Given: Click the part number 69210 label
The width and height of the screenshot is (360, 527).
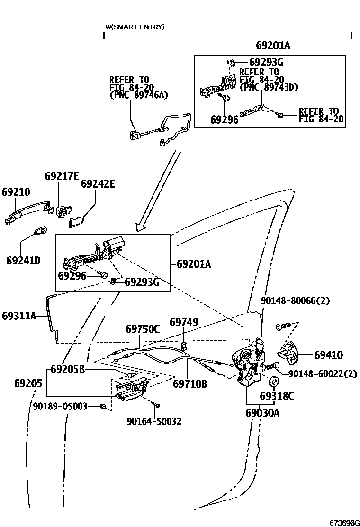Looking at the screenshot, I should coord(16,192).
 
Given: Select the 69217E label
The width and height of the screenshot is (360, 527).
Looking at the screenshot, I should coord(62,176).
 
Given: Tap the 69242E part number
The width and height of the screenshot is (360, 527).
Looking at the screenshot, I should coord(98,183).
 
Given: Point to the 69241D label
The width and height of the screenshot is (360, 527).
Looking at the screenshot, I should coord(23,260).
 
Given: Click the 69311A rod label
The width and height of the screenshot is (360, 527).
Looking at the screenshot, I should coord(19,315).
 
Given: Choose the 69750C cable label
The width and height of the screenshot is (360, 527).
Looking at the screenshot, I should coord(143,328).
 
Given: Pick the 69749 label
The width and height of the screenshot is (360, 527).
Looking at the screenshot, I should coord(184,322).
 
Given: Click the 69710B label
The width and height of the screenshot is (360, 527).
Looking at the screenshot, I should coord(189,383).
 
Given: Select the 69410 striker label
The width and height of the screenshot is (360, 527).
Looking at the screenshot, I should coord(328,355).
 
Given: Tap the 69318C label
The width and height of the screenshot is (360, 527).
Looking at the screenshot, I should coord(277,396).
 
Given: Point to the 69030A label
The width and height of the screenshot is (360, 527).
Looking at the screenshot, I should coord(262,413).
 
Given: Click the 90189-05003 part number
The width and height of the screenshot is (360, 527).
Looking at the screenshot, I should coord(60,406).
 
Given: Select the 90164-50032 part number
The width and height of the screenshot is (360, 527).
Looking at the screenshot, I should coord(154,421).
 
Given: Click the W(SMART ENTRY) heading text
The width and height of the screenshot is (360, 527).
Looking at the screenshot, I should coord(135,27).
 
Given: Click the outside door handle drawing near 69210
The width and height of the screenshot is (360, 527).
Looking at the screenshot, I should coord(26,211).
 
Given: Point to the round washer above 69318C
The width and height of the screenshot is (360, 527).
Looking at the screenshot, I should coord(273,382).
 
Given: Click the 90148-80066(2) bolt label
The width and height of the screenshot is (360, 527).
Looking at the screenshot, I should coord(295,300).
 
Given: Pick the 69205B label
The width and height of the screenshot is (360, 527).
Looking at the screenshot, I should coord(67,369).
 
